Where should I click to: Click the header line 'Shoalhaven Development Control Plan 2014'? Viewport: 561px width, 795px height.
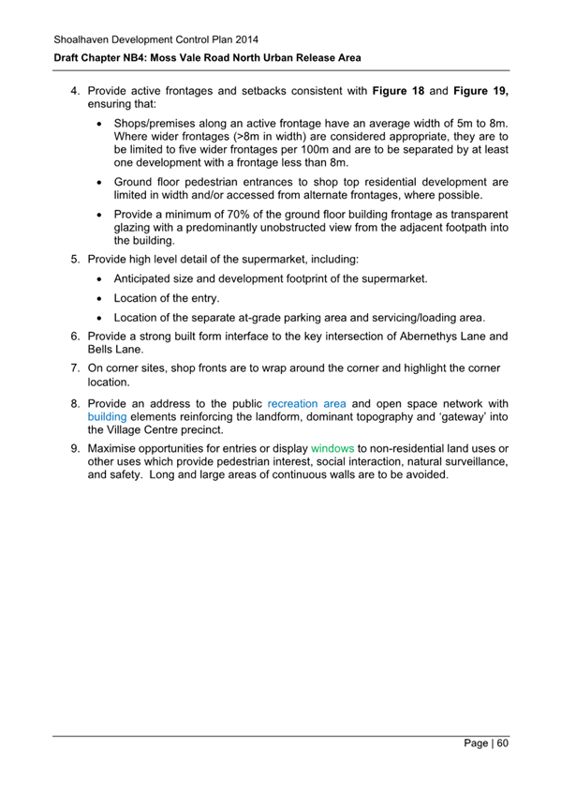pyautogui.click(x=153, y=39)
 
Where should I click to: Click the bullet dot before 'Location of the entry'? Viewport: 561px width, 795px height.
pyautogui.click(x=100, y=298)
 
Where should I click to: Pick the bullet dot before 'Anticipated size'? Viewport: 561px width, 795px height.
pyautogui.click(x=100, y=278)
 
